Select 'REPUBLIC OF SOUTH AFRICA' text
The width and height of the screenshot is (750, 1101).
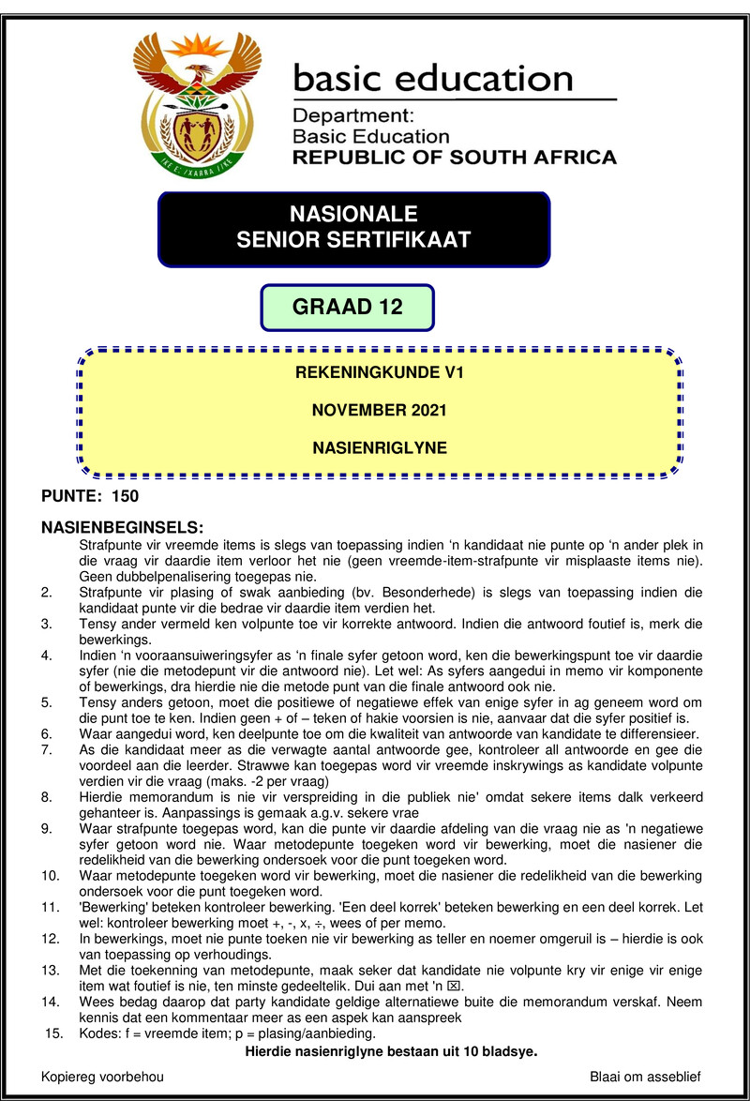point(455,158)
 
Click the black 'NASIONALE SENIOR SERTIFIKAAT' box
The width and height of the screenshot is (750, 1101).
point(353,228)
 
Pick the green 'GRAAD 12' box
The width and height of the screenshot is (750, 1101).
point(346,308)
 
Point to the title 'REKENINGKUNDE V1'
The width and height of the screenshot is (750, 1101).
point(379,373)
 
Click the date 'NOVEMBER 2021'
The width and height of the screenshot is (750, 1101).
point(379,410)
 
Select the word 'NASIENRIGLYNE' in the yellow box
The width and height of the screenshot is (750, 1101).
point(379,448)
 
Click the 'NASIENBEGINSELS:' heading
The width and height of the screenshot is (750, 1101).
point(123,527)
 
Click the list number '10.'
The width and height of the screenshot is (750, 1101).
point(50,875)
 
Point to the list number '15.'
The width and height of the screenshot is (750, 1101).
point(52,1034)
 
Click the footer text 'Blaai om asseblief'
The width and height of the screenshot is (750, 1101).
point(645,1077)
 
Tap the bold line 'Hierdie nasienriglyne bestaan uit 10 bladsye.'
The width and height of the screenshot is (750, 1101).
point(391,1051)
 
